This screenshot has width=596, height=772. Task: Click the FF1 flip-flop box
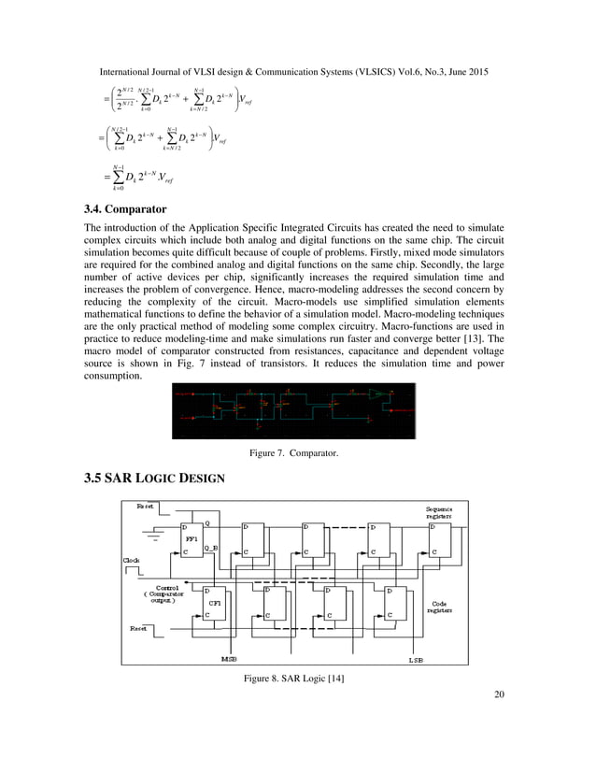(192, 540)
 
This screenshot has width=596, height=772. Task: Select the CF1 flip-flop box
(216, 604)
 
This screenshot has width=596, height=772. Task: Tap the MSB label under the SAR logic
(229, 659)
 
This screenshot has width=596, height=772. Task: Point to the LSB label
(417, 659)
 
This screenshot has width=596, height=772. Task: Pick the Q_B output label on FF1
(212, 548)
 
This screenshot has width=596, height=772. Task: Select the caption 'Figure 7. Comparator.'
(292, 453)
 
